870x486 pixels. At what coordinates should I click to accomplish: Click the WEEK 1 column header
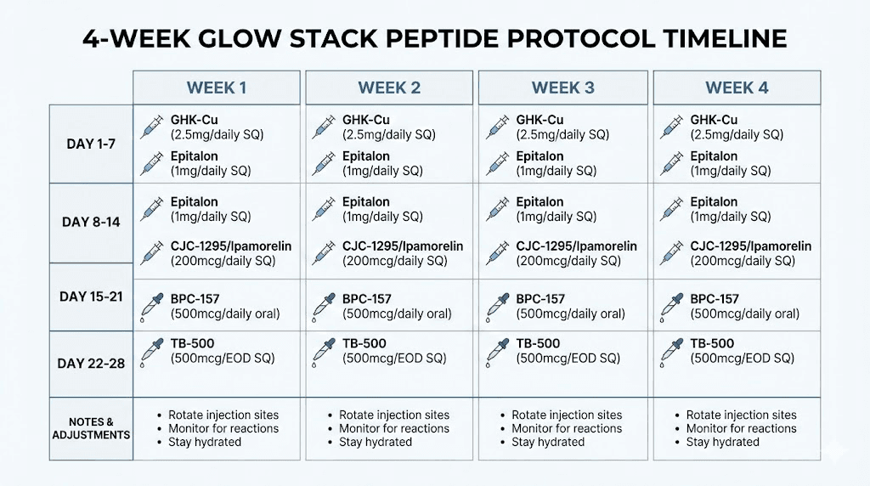[217, 88]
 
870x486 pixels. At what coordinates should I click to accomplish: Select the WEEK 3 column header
[562, 88]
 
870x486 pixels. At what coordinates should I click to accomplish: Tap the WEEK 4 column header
[736, 88]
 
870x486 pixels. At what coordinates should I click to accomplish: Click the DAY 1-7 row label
[91, 144]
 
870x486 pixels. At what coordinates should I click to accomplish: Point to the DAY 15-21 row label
[91, 297]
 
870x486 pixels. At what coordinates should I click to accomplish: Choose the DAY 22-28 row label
[91, 363]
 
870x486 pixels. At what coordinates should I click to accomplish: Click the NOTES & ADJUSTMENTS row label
[91, 428]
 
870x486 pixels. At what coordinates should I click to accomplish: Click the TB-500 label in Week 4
[712, 343]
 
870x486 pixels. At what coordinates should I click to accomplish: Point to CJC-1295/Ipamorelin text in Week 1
[231, 246]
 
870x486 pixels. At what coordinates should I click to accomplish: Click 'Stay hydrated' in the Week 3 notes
[548, 442]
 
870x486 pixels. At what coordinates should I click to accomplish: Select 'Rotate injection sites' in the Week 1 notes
[223, 415]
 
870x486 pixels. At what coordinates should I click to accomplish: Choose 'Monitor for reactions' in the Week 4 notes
[742, 428]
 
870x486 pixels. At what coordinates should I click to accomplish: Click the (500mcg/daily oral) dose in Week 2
[397, 314]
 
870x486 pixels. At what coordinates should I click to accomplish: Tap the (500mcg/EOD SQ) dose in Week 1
[223, 359]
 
